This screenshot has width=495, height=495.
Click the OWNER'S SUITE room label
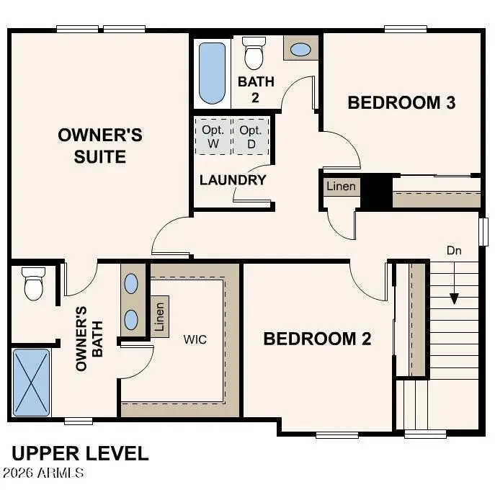click(100, 146)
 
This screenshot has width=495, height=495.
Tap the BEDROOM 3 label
click(401, 102)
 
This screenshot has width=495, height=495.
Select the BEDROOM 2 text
click(317, 339)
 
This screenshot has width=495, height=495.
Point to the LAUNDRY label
click(233, 180)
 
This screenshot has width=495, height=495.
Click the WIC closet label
click(195, 339)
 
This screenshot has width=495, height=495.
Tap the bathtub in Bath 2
click(212, 73)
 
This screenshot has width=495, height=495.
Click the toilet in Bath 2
click(253, 53)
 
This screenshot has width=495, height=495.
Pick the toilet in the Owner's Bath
click(34, 284)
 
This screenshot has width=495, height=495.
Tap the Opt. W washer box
click(213, 135)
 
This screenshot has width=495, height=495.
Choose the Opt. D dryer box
click(251, 135)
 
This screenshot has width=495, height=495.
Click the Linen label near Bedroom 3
click(341, 187)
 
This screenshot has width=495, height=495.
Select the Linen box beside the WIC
click(160, 316)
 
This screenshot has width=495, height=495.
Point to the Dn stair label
click(453, 251)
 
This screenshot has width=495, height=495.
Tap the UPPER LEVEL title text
click(80, 454)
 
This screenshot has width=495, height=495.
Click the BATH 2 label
click(256, 89)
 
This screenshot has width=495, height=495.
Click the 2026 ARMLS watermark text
click(43, 473)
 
